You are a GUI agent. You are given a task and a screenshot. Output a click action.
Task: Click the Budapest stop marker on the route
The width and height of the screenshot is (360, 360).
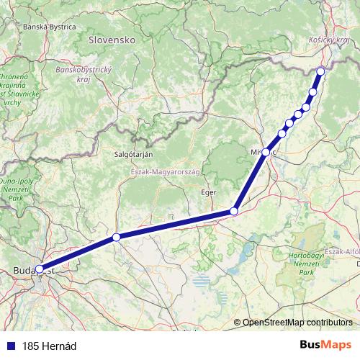click(39, 270)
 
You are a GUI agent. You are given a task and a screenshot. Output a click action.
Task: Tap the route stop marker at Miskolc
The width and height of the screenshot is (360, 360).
click(266, 152)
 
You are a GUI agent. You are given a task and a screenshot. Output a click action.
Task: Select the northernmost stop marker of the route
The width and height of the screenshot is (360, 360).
click(320, 71)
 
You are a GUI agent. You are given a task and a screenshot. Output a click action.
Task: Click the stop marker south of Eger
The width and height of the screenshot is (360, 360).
click(233, 211)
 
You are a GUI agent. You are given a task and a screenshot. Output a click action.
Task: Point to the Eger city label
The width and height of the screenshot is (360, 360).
click(209, 193)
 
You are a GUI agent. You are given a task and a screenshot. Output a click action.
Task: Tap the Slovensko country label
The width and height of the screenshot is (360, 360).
click(112, 41)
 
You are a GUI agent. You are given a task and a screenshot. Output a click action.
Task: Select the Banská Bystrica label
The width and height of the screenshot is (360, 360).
click(50, 27)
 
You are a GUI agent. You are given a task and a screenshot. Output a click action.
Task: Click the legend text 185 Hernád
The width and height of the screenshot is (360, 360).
click(49, 346)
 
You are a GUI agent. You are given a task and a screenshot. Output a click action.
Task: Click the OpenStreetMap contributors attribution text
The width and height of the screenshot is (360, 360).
click(297, 322)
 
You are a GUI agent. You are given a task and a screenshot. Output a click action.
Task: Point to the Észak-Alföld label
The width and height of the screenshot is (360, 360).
click(342, 251)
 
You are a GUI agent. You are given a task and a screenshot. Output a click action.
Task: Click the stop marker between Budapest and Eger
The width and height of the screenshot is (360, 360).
click(116, 237)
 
